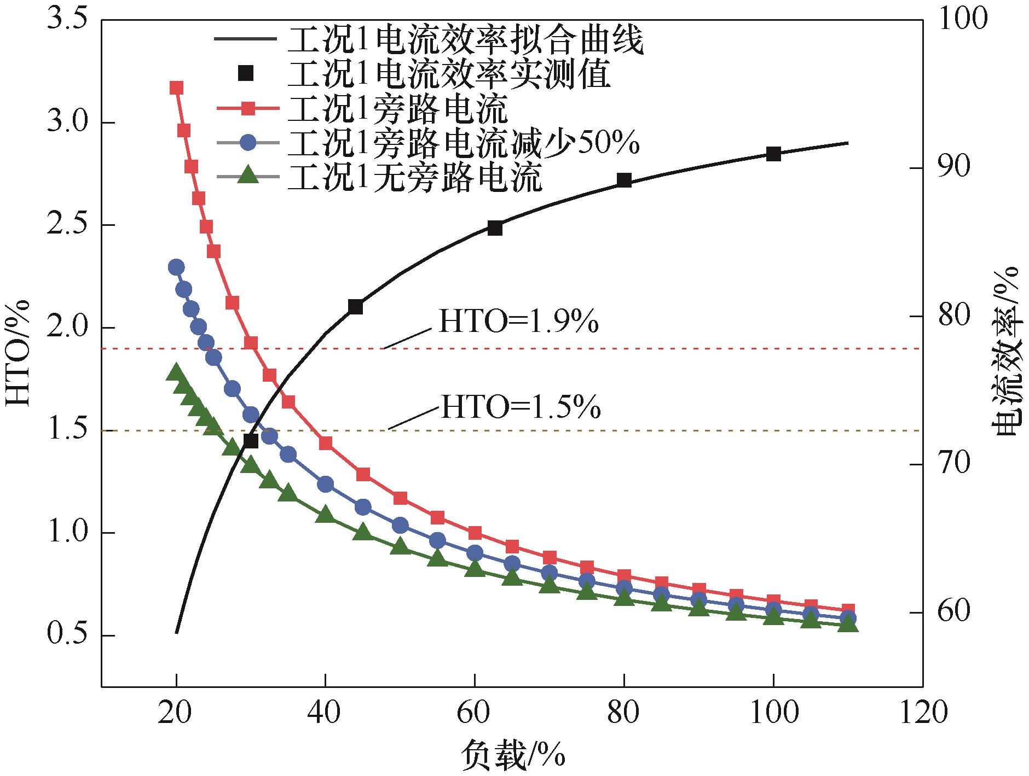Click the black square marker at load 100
tap(773, 154)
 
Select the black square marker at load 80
tap(624, 180)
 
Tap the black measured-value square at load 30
tap(251, 440)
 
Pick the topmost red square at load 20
tap(176, 88)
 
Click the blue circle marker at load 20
tap(176, 267)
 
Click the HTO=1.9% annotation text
tap(518, 323)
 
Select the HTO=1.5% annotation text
tap(521, 407)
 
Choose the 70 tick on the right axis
tap(956, 464)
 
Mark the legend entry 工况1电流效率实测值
tap(449, 74)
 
